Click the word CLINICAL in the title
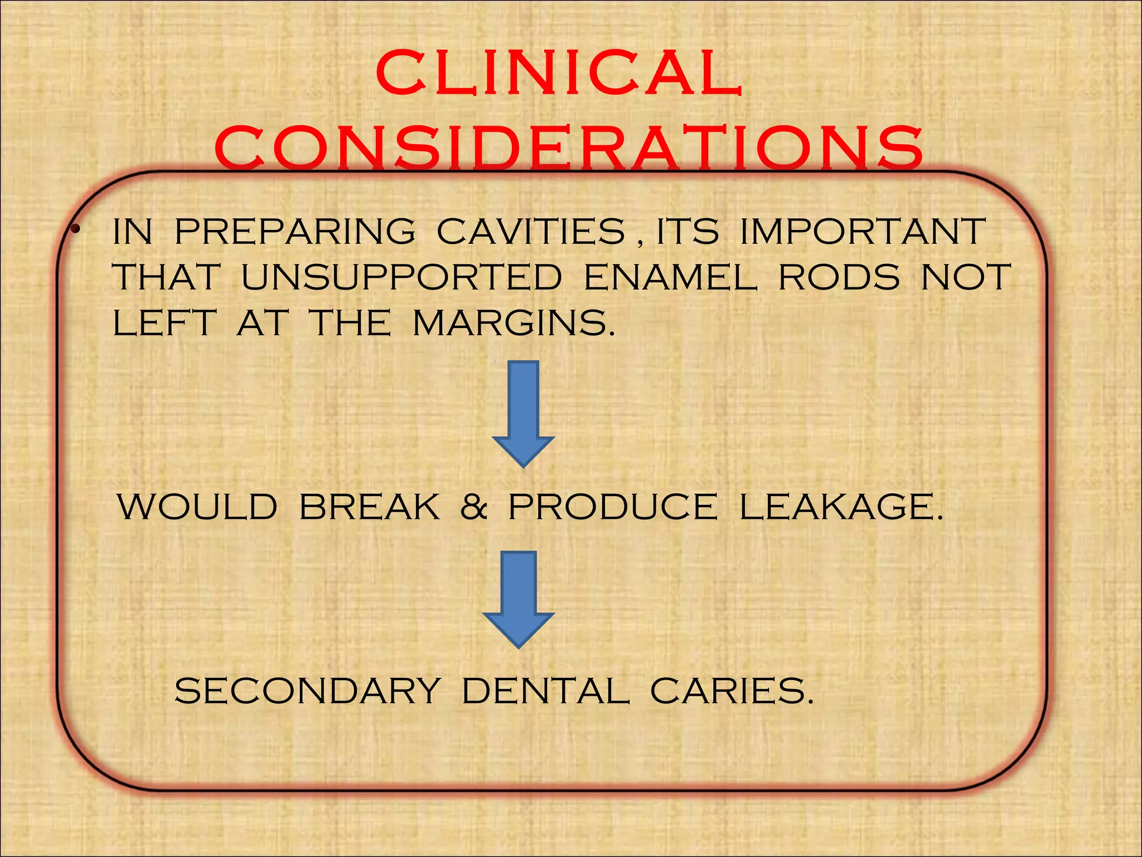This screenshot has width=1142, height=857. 559,74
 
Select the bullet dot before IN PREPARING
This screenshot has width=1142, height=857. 74,228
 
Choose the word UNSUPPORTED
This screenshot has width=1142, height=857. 401,277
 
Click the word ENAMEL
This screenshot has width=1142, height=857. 671,277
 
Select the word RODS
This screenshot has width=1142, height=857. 839,277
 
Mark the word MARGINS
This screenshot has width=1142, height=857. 514,323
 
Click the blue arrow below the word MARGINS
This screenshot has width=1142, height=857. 523,413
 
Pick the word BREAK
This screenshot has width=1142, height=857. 370,507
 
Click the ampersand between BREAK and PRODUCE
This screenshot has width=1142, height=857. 474,507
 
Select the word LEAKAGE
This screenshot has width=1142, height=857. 841,507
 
